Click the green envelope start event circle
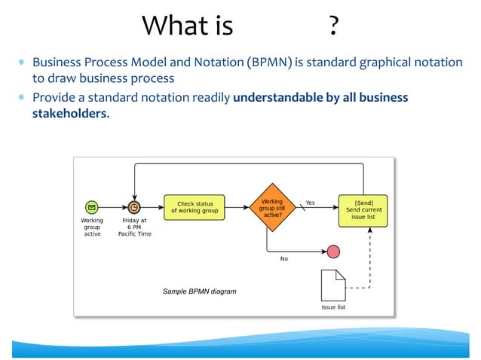tap(91, 206)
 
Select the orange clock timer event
tap(134, 206)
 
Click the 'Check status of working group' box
tap(195, 207)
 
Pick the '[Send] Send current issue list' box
tap(363, 210)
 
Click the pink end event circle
tap(332, 251)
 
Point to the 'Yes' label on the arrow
tap(310, 202)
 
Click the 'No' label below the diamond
tap(284, 258)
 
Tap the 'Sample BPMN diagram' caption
tap(200, 291)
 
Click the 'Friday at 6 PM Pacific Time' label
tap(135, 227)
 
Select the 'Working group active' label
tap(92, 227)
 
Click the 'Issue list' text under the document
tap(332, 307)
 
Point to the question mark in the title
tap(332, 27)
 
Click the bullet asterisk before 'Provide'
tap(22, 99)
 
